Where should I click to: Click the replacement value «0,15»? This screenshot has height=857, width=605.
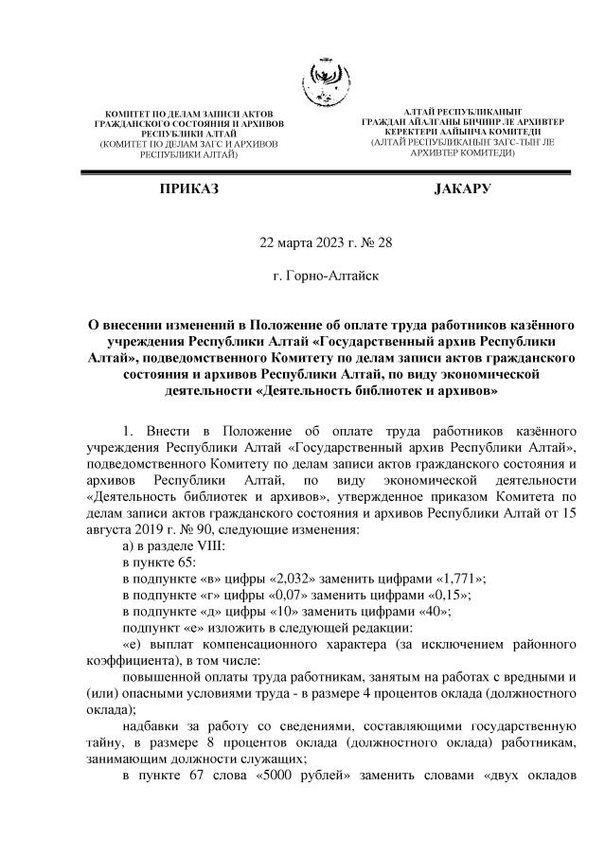(x=445, y=596)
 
